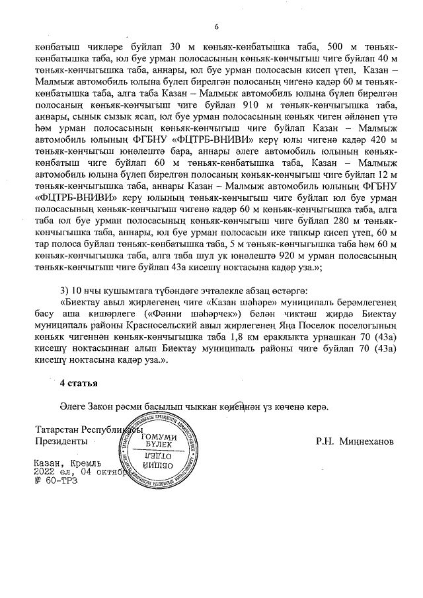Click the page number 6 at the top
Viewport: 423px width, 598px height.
[x=215, y=26]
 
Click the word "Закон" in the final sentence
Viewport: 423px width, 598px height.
[x=101, y=406]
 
